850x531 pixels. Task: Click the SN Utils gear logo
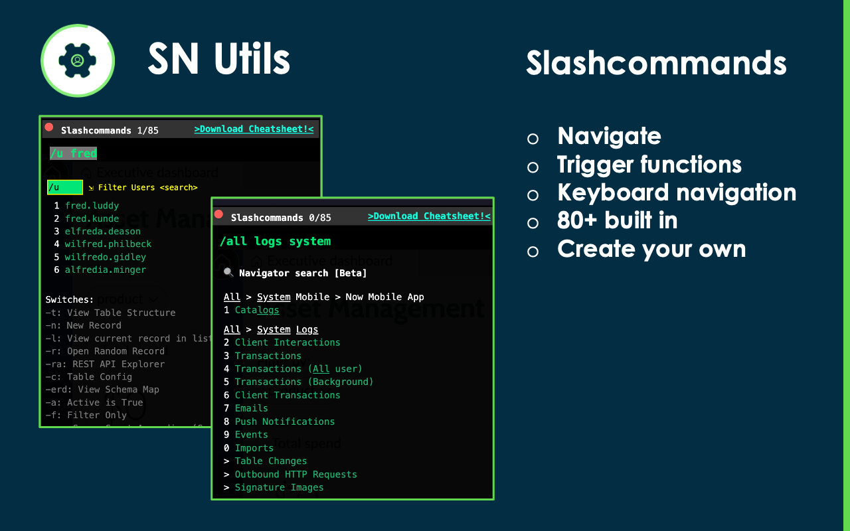tap(78, 60)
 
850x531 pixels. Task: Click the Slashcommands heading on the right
tap(656, 63)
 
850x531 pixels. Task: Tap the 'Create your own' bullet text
tap(651, 249)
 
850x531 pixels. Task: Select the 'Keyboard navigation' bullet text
tap(677, 192)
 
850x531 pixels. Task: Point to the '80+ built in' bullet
tap(617, 220)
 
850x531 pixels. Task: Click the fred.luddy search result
tap(92, 206)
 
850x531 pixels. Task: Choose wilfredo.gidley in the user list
tap(105, 257)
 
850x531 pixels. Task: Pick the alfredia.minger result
tap(105, 269)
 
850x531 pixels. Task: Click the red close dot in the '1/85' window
tap(49, 127)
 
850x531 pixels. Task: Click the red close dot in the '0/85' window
tap(218, 214)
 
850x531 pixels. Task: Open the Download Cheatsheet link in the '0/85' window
tap(429, 216)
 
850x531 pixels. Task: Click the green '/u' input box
tap(64, 187)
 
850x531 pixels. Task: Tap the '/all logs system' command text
tap(275, 242)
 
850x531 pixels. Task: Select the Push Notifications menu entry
tap(284, 421)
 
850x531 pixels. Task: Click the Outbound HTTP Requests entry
tap(296, 475)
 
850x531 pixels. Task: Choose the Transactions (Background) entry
tap(303, 382)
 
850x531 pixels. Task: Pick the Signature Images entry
tap(279, 487)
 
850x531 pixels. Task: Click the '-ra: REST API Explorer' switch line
tap(105, 364)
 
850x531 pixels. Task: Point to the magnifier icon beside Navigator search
tap(228, 273)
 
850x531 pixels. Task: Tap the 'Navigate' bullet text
tap(609, 136)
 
